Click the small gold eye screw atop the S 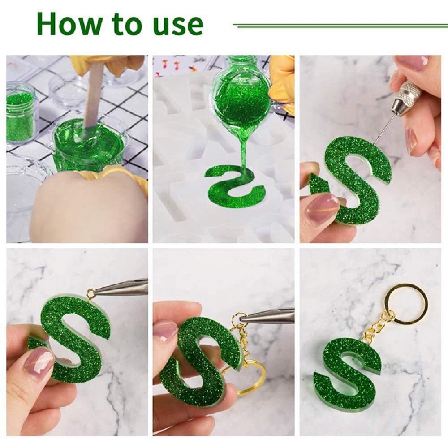coord(91,293)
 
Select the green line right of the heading coord(340,25)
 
